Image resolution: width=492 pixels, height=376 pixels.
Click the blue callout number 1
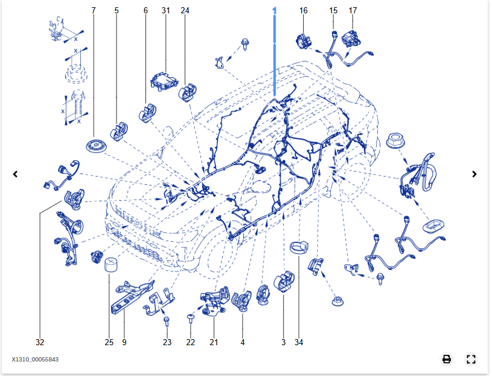[275, 11]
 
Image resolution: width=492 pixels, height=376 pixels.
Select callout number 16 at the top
[303, 11]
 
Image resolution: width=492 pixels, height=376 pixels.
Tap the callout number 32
[40, 342]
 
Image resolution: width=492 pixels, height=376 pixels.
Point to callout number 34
[299, 342]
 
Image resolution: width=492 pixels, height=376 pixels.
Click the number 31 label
[166, 11]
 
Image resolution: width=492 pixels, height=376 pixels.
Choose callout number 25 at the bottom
[109, 342]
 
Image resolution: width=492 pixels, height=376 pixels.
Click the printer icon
[447, 359]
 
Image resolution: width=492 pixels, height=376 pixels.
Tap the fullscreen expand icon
[471, 359]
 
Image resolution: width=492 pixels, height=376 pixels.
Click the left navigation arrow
[16, 174]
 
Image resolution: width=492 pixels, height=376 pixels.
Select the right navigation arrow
[474, 174]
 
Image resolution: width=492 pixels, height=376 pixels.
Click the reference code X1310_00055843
[35, 360]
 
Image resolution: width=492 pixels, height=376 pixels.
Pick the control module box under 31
[161, 80]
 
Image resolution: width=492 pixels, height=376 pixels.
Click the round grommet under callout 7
[95, 146]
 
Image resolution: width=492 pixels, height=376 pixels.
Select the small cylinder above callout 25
[111, 265]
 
